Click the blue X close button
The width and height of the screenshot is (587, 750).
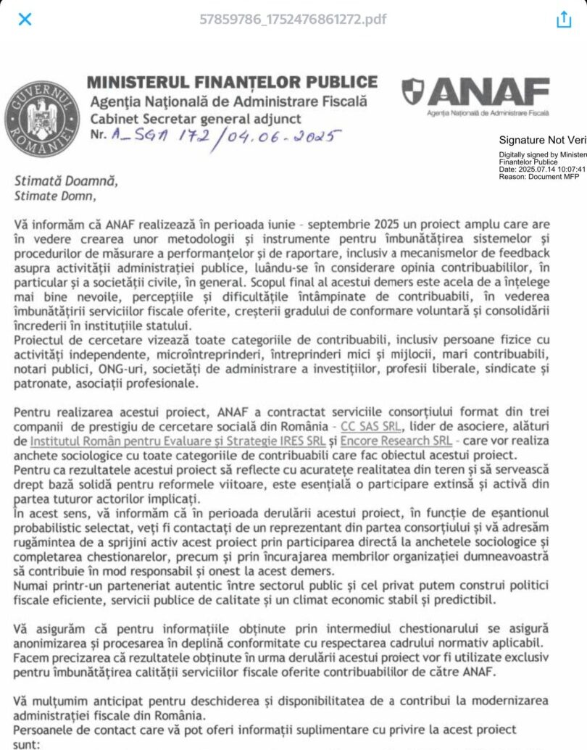click(25, 19)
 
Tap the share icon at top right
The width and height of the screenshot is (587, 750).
click(564, 20)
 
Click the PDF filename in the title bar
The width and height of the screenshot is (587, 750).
click(293, 19)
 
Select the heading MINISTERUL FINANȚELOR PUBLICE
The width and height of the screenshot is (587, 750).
click(232, 82)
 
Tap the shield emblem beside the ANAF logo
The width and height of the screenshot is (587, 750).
click(412, 91)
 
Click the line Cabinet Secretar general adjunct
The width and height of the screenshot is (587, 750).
click(196, 118)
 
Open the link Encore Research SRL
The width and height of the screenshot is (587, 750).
click(395, 441)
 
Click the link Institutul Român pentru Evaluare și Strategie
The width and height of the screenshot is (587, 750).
click(159, 441)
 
